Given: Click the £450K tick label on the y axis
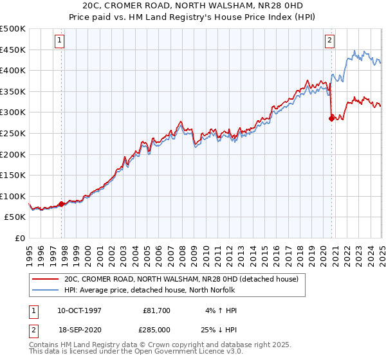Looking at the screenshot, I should pos(14,50).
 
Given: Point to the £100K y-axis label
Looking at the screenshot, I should pos(14,196).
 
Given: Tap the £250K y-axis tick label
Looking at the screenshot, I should pos(14,133).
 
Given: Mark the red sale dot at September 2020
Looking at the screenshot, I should pos(331,118).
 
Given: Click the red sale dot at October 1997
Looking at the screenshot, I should pos(62,204).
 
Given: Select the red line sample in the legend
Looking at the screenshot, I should pos(45,280).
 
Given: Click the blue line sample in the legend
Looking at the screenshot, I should pos(45,290).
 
